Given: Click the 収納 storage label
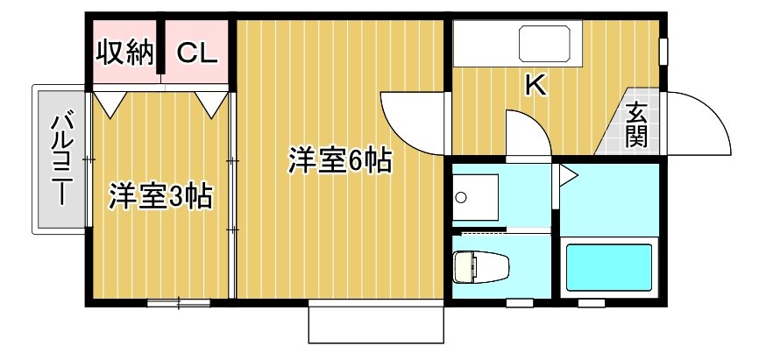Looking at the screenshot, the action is point(124,53).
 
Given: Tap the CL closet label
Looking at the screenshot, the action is point(196,53).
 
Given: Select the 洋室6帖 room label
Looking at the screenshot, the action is point(340,160).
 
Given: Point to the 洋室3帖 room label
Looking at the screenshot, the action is point(160,196).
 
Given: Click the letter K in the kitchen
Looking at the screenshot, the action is point(535,87).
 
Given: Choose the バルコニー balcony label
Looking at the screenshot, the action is point(62,159).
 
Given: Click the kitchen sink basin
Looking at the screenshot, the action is point(544,43).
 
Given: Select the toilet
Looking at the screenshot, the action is point(481,266).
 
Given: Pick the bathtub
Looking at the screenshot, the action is point(609,267).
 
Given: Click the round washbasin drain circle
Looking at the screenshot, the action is point(460,197).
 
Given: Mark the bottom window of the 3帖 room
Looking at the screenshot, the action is point(179,303).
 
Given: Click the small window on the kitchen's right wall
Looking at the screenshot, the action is point(663,51).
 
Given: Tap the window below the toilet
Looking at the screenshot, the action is point(520,303).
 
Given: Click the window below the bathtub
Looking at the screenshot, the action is point(592,303).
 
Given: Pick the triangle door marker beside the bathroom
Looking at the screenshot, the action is point(567,175).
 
